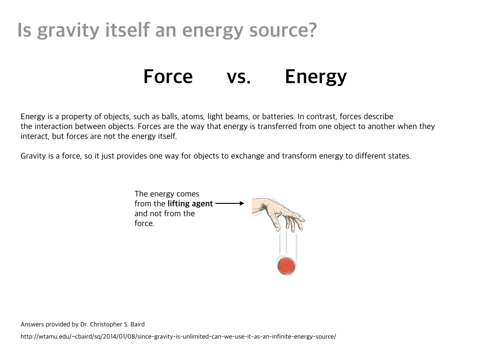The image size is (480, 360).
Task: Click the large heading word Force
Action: point(168,76)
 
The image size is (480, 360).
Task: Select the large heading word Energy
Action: point(315,76)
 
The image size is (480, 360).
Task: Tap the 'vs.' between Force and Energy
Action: point(239,76)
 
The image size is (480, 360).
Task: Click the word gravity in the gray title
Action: point(67,30)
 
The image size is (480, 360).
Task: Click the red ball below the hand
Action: point(286,266)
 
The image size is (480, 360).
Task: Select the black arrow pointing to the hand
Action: point(230,203)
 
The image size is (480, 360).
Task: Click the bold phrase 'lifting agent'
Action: point(190,204)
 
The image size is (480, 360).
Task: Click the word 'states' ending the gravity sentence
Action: point(398,156)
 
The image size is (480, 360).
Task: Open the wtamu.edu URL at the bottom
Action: point(178,337)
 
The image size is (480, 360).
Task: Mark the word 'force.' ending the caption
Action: point(144,224)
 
